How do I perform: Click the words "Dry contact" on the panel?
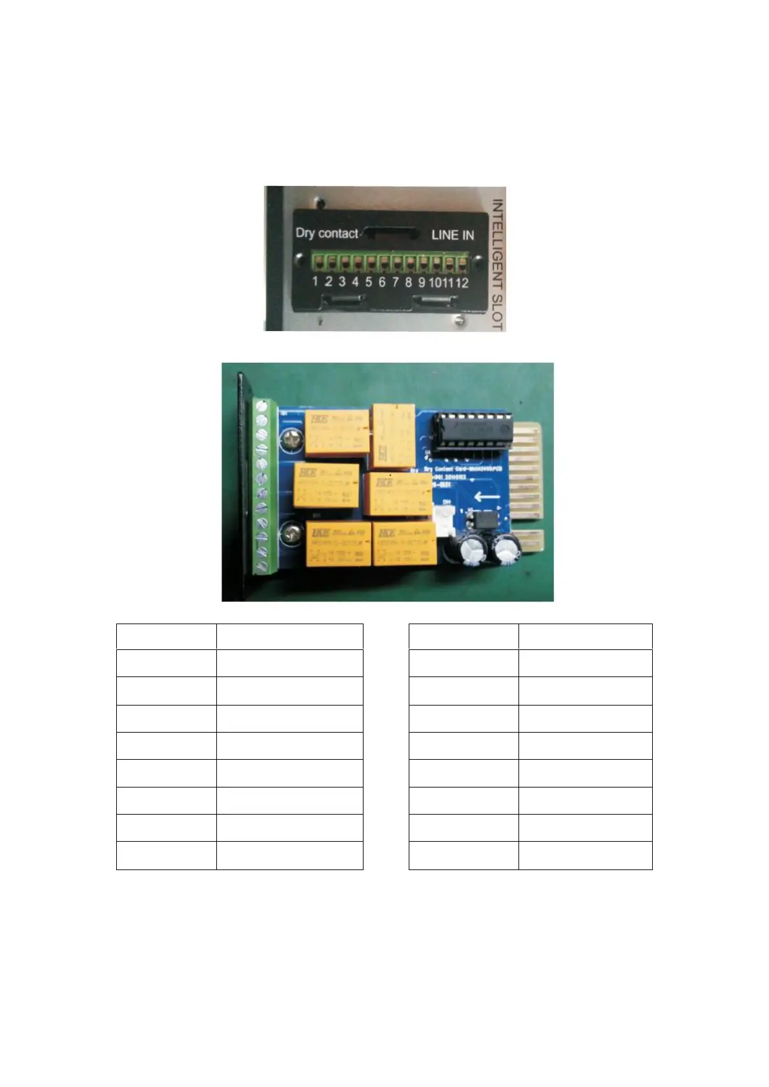pos(327,233)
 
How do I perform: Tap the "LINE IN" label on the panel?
pos(452,235)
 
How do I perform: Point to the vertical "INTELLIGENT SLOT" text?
pos(497,264)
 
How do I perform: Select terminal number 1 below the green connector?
pos(315,281)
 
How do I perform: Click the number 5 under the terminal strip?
pos(368,281)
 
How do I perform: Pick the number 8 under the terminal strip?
pos(408,282)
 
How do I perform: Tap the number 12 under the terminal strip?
pos(462,282)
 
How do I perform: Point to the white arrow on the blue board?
pos(486,497)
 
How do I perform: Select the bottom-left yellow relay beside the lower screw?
pos(338,543)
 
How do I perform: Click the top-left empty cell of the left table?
pos(166,636)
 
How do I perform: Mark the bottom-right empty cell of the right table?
pos(585,855)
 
